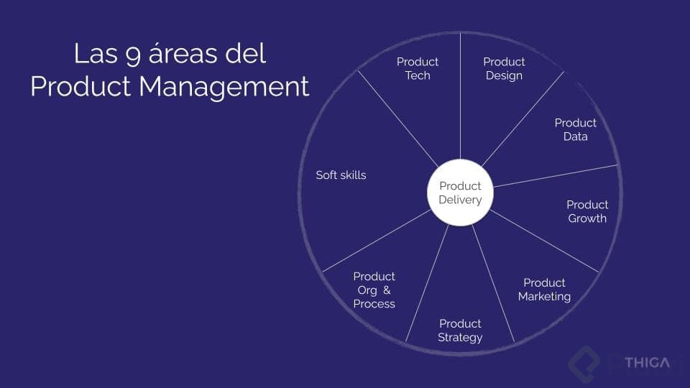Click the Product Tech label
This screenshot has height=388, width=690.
click(x=418, y=68)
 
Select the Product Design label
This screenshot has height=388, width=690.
click(x=504, y=68)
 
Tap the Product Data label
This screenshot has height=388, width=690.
click(x=575, y=129)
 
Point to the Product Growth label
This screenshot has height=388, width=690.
click(x=587, y=211)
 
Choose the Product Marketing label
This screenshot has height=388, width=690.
click(x=544, y=290)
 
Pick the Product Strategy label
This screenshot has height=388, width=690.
click(x=460, y=331)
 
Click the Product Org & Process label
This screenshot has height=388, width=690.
click(x=374, y=290)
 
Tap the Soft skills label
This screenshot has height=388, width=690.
click(x=341, y=175)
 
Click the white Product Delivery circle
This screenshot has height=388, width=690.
click(x=460, y=193)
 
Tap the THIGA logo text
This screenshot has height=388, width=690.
click(x=646, y=362)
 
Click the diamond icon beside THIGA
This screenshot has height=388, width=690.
click(x=584, y=363)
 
